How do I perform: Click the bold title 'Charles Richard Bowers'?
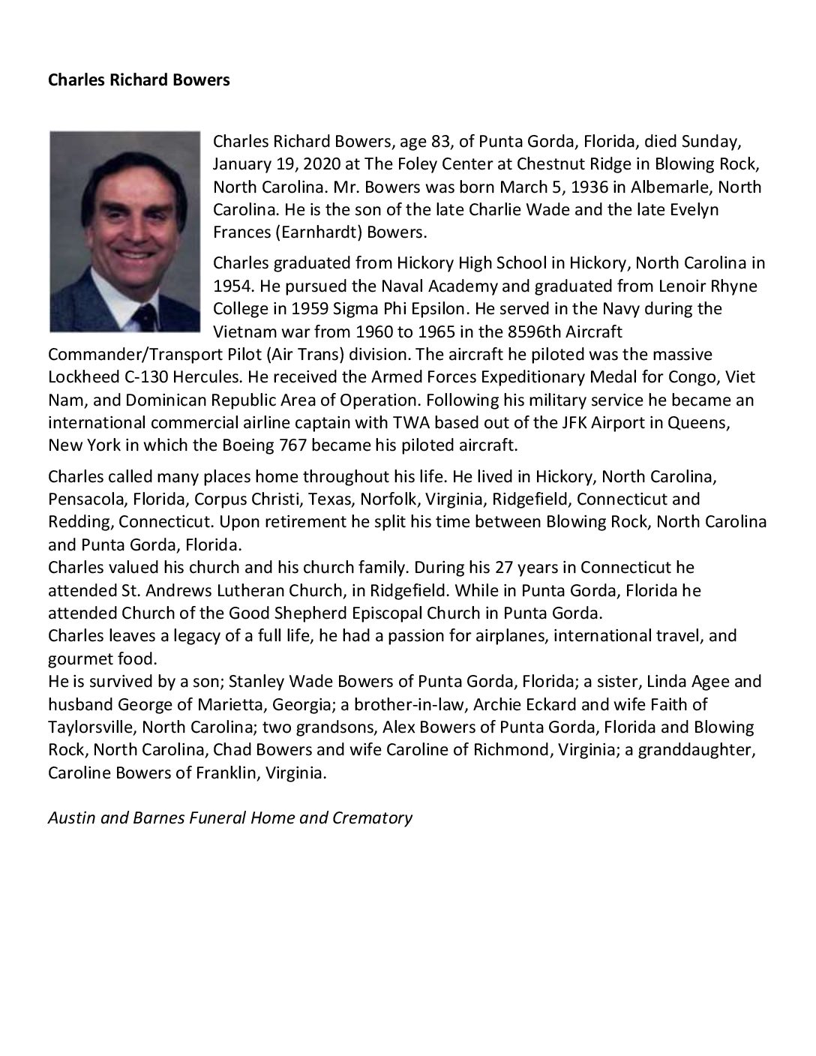(139, 79)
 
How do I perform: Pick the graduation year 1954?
(232, 286)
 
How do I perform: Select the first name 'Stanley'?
(256, 682)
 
